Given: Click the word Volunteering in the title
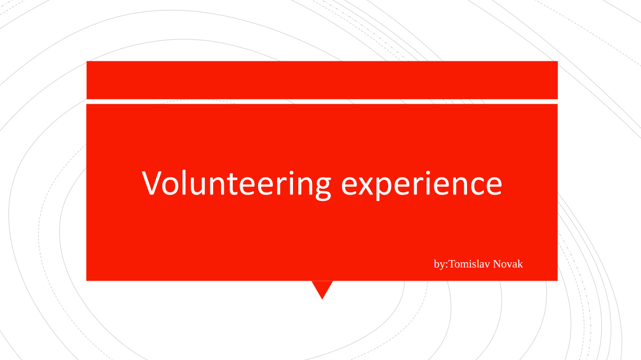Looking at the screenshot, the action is click(x=236, y=184).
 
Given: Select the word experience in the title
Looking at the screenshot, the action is click(x=422, y=185).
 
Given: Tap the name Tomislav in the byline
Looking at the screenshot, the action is click(x=469, y=264).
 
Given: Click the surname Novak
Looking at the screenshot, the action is click(x=508, y=264).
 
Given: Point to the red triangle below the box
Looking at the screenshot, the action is click(x=322, y=288).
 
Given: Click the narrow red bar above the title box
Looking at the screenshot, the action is click(x=322, y=80).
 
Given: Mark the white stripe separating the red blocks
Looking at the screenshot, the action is click(x=322, y=101).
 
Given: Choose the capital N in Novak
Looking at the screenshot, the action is click(x=497, y=264).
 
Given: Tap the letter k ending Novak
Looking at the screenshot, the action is click(x=520, y=264).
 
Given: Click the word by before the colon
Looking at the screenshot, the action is click(x=439, y=264).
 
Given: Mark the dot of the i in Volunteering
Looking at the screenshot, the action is click(x=291, y=172).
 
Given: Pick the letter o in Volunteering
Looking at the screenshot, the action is click(x=170, y=186).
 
